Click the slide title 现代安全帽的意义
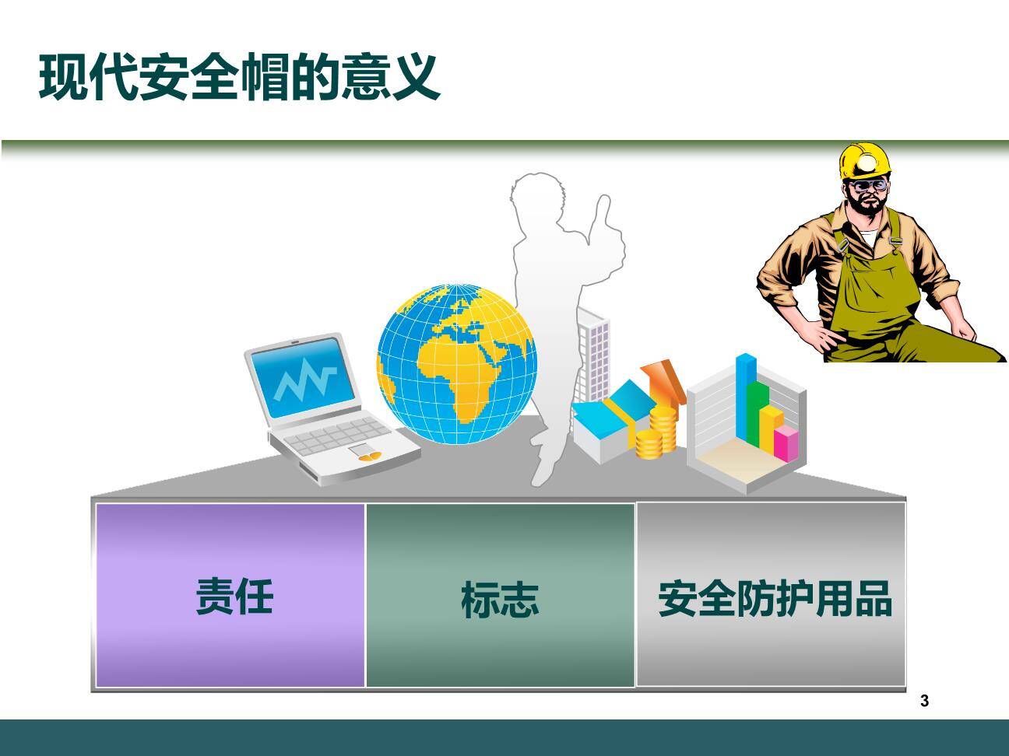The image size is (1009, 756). point(239,77)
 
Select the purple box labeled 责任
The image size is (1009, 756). point(230,595)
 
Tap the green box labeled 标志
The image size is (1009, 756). point(500,597)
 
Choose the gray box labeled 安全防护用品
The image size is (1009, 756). point(772,595)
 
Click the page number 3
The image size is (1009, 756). point(924,702)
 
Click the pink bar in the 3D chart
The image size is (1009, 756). point(786,442)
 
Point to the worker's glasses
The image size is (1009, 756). point(868,186)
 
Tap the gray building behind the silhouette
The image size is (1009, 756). point(596,350)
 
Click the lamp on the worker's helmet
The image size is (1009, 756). point(867,159)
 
